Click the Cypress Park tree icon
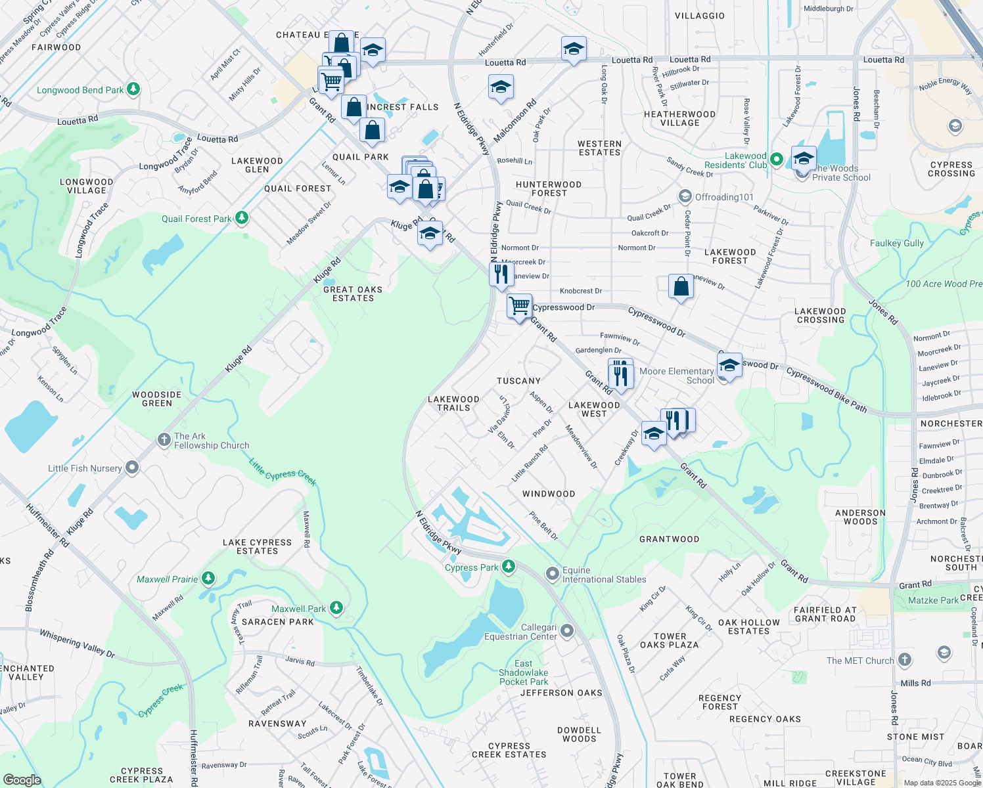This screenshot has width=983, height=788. point(508,567)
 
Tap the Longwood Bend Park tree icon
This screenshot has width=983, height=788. point(133,89)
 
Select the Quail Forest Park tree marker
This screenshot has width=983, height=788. point(242,217)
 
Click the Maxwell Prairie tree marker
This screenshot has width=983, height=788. point(208,579)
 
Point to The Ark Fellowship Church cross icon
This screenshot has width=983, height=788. point(164,440)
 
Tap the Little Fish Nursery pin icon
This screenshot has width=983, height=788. point(132,468)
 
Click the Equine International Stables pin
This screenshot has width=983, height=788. point(553,574)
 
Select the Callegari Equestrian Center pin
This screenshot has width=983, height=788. point(567,631)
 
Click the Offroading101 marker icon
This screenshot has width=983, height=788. point(685,196)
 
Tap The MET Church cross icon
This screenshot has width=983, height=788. point(905,660)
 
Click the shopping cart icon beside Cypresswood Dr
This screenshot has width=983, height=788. point(519,306)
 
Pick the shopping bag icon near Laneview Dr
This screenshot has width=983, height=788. point(681,286)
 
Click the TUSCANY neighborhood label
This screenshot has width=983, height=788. point(518,381)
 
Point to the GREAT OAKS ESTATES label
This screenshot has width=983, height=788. point(353,294)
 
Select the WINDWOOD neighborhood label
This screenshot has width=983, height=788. point(549,494)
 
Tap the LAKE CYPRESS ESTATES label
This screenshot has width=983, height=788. point(257,546)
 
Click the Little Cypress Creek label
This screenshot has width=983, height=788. point(283,473)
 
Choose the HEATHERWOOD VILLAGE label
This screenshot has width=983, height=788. point(679,118)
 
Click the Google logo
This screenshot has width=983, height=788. point(22,779)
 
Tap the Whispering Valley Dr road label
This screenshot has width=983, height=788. point(77,644)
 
